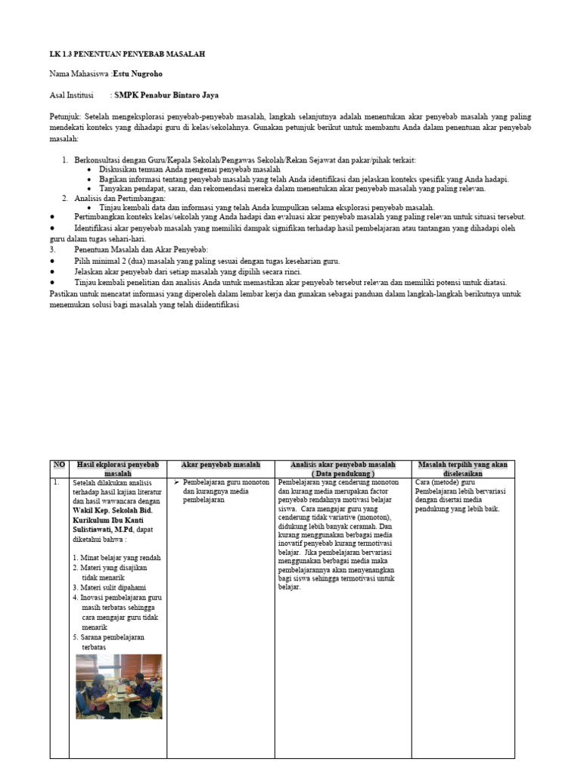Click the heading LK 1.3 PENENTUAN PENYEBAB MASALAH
pos(127,54)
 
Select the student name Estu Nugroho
pos(137,74)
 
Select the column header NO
pos(59,465)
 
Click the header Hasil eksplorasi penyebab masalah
pos(117,469)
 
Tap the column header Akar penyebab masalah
pos(220,465)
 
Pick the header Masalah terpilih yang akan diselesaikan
pos(462,469)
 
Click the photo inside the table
pos(119,686)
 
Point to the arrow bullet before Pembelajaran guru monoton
pos(176,481)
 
